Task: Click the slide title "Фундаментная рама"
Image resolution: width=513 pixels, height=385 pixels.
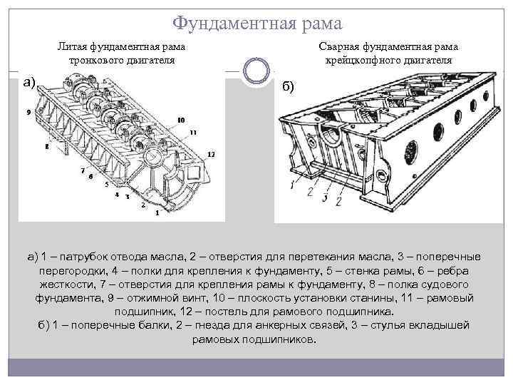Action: [257, 24]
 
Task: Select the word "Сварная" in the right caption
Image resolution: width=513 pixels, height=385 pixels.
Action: [338, 47]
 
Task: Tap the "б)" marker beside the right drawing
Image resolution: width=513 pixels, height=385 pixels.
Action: [287, 86]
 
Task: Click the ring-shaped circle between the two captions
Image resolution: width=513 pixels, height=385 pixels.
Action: [256, 71]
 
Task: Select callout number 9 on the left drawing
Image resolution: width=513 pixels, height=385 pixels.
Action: [27, 113]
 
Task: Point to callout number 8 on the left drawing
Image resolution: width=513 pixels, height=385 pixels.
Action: [46, 146]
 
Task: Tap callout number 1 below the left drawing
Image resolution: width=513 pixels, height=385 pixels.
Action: [157, 213]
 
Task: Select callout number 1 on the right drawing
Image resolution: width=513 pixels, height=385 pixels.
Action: [292, 186]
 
